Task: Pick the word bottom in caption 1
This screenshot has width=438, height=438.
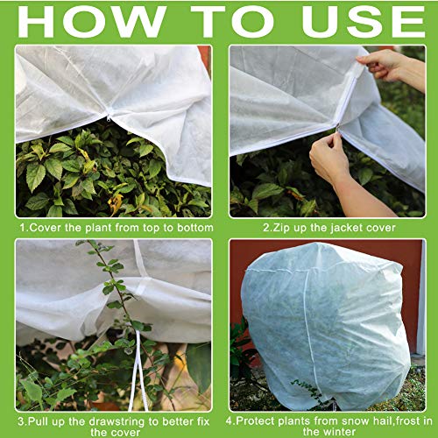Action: (x=193, y=228)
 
